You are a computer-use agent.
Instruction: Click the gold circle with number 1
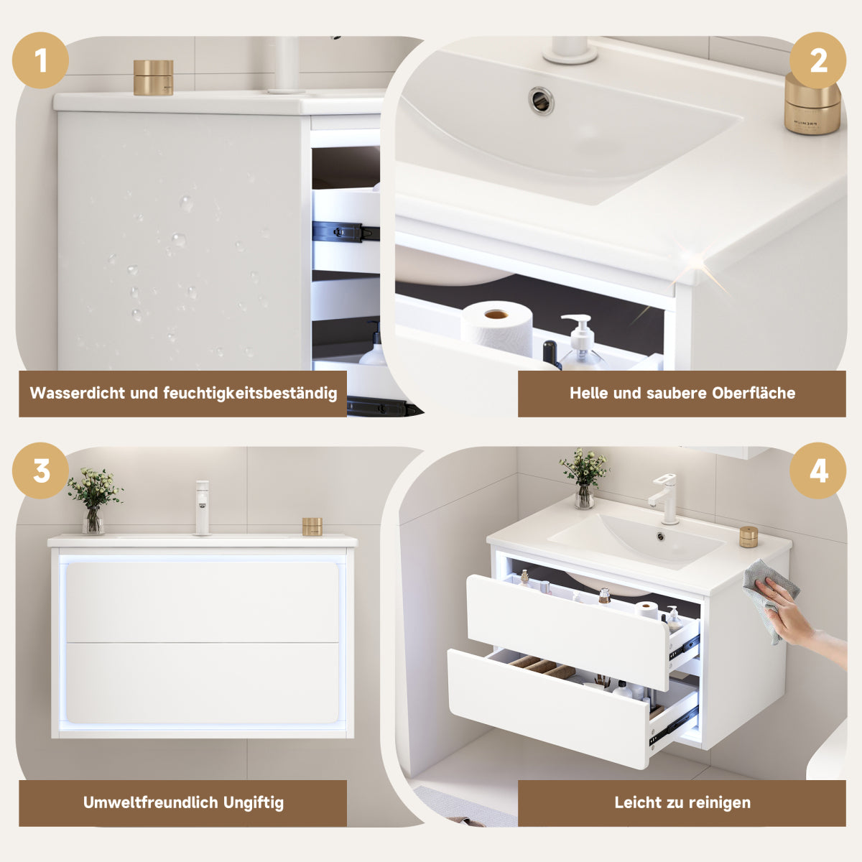click(x=40, y=60)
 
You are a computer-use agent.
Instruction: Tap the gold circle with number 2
click(x=817, y=60)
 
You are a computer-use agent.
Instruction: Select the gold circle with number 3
click(x=40, y=471)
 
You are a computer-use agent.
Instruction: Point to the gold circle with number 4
click(x=817, y=471)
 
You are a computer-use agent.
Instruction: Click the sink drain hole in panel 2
click(x=541, y=100)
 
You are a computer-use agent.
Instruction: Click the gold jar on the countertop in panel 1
click(x=154, y=78)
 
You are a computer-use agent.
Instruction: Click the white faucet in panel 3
click(x=202, y=508)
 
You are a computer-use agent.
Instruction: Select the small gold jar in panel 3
click(x=312, y=527)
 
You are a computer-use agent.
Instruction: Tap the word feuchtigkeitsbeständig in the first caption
click(x=250, y=393)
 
